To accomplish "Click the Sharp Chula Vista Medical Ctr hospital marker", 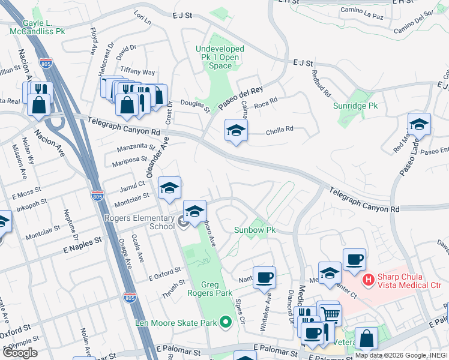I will (368, 280).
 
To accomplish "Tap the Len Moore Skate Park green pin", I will (226, 323).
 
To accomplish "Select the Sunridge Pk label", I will (355, 106).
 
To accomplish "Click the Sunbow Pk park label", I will (254, 230).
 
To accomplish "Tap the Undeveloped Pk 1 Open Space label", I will (220, 57).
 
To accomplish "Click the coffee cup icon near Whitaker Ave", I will (264, 278).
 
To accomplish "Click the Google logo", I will (20, 353).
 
